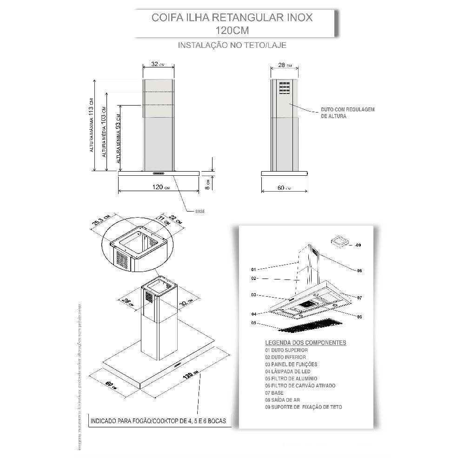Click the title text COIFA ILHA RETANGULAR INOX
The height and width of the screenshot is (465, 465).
232,18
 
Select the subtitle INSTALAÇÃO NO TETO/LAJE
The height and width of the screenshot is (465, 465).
232,46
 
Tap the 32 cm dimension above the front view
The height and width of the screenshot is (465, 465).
158,65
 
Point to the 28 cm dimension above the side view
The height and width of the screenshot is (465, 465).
282,66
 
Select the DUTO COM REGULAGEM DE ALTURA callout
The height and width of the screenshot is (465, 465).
347,113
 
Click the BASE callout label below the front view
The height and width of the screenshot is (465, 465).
199,211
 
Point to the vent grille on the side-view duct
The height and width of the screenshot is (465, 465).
285,88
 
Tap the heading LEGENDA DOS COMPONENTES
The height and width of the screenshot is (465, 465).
306,343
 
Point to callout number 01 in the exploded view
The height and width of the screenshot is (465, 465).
253,269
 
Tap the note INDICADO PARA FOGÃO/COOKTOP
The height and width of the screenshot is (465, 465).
159,421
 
